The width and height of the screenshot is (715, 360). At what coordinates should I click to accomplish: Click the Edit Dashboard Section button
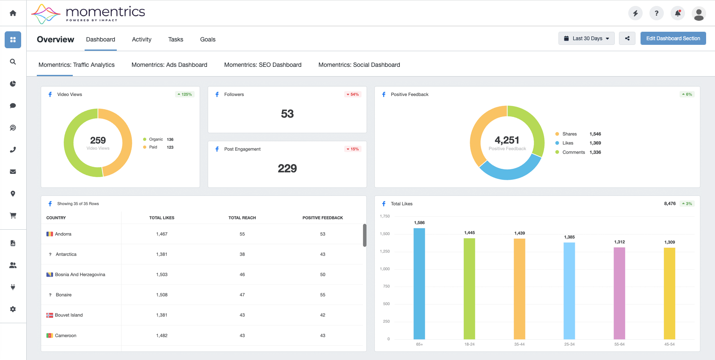(x=673, y=38)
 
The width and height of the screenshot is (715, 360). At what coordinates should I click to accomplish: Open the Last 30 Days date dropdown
(x=586, y=38)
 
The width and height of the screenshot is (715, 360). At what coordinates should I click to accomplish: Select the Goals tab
(x=208, y=39)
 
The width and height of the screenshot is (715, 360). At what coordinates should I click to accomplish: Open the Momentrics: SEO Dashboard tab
(x=263, y=65)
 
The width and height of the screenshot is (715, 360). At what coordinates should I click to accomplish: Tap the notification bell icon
(x=678, y=13)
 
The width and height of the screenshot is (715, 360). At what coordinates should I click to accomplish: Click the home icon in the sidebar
(x=13, y=13)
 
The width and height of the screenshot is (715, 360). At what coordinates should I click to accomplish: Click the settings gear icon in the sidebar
(x=13, y=309)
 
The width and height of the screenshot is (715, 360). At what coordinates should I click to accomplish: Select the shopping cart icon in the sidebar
(x=13, y=215)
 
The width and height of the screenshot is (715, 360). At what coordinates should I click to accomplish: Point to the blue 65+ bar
(x=419, y=284)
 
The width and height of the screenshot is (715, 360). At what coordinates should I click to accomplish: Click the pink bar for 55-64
(x=619, y=293)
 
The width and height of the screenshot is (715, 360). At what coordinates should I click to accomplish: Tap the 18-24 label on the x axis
(x=469, y=344)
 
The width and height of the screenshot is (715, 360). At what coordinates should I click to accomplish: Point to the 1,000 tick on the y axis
(x=385, y=269)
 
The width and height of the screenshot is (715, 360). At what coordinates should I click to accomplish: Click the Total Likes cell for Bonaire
(x=162, y=294)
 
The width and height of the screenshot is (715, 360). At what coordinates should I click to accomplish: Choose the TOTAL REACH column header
(x=242, y=218)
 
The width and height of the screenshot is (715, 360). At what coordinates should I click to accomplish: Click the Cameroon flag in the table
(x=49, y=335)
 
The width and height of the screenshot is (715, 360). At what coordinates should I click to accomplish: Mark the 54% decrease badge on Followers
(x=353, y=94)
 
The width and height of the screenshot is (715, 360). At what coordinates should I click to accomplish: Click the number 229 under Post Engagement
(x=287, y=168)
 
